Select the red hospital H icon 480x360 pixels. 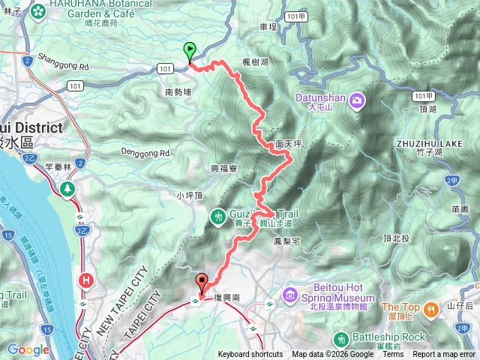point(86,280)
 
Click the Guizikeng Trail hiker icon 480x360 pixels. point(218,216)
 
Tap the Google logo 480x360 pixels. point(28,349)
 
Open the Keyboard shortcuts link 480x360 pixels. point(250,355)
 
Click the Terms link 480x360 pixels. point(392,355)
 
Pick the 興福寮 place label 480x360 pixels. point(224,169)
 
